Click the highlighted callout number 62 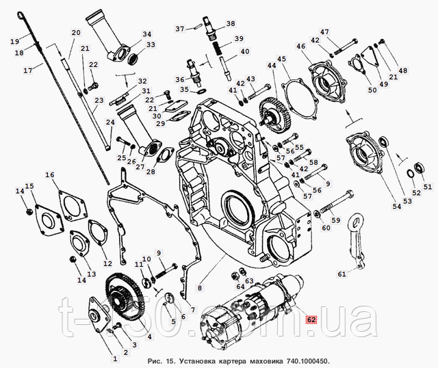coord(311,319)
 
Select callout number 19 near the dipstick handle coord(15,42)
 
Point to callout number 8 coord(199,288)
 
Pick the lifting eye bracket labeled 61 coord(357,241)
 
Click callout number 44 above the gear coord(271,66)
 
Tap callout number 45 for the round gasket coord(282,59)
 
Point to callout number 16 coord(50,175)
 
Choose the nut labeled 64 coord(235,276)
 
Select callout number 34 coord(147,34)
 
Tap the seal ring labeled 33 coord(133,59)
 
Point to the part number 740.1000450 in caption coord(307,361)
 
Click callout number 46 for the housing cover coord(301,46)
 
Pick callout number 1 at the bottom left coord(115,359)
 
